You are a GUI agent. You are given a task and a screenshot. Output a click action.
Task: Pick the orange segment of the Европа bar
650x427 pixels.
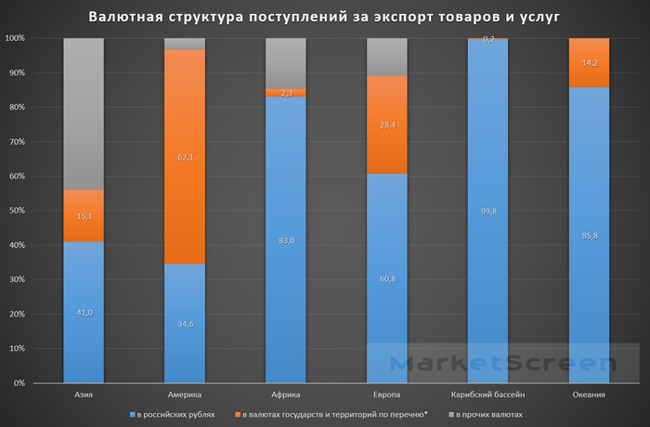click(x=387, y=124)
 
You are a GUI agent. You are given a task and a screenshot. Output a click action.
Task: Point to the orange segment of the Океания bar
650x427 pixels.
click(x=589, y=62)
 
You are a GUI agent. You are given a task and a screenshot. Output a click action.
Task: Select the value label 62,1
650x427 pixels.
click(x=185, y=159)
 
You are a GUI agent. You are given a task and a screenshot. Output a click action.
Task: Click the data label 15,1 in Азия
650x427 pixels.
click(x=84, y=216)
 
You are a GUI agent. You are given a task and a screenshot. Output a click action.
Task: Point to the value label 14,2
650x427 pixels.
click(x=589, y=63)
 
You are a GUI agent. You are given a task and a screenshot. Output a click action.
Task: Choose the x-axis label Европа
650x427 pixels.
click(x=387, y=395)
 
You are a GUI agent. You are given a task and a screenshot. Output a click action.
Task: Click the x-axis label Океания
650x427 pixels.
click(x=589, y=395)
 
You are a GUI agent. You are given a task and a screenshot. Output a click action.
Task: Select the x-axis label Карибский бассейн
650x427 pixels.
click(x=487, y=395)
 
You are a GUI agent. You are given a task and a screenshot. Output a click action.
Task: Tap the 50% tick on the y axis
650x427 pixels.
click(x=16, y=211)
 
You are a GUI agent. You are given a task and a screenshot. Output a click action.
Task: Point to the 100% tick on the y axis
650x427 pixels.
click(x=14, y=38)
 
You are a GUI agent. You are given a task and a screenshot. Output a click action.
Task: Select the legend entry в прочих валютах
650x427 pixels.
click(x=487, y=414)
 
